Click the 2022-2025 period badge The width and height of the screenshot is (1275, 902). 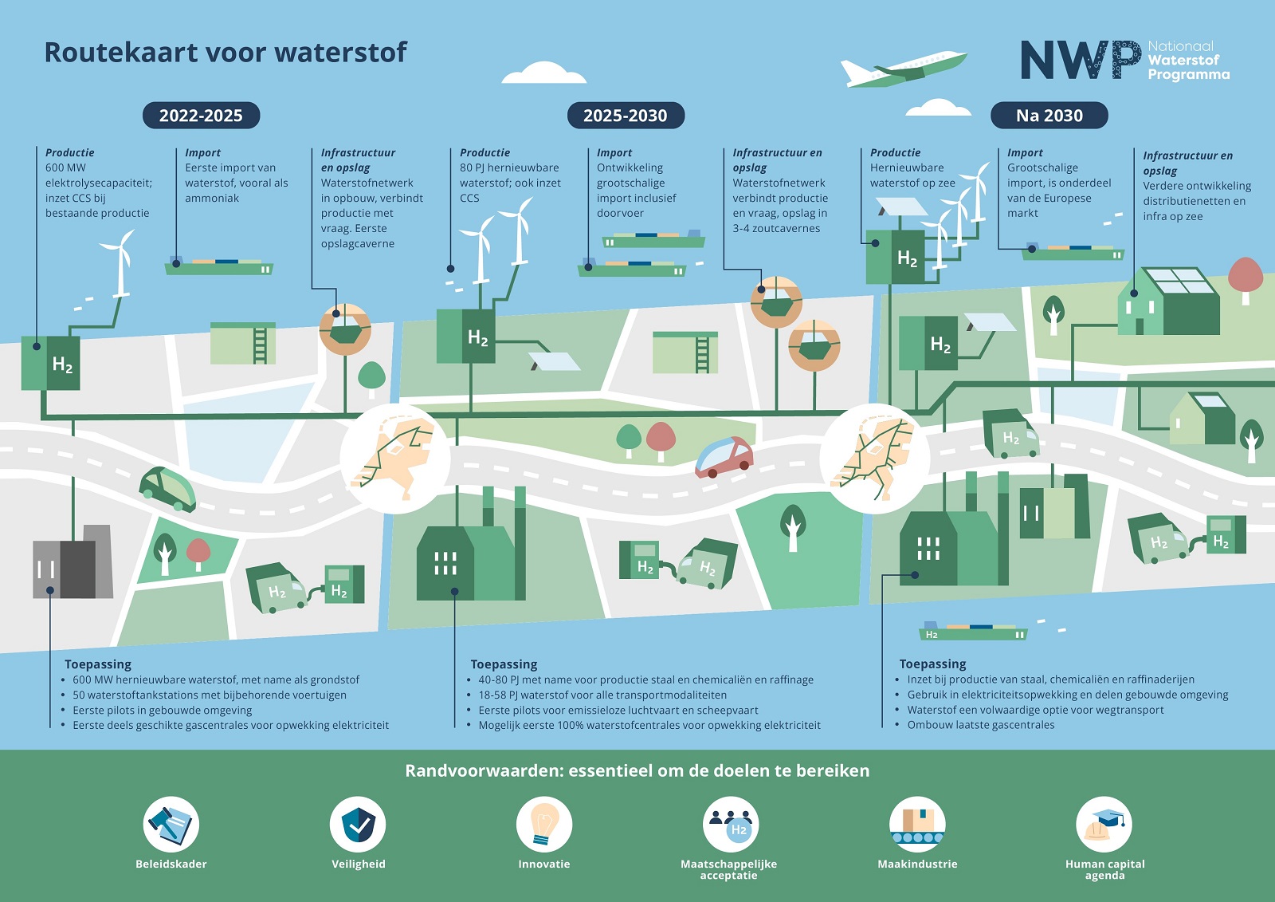pyautogui.click(x=201, y=115)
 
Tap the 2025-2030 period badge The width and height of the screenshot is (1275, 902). pyautogui.click(x=626, y=115)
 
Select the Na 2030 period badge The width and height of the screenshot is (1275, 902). pyautogui.click(x=1049, y=115)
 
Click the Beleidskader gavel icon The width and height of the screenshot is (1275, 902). pyautogui.click(x=171, y=824)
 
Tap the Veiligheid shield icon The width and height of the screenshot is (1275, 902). pyautogui.click(x=358, y=824)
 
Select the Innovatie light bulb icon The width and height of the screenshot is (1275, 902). pyautogui.click(x=543, y=824)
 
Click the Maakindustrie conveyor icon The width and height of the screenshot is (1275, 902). pyautogui.click(x=917, y=824)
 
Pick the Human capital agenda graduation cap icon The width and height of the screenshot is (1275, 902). pyautogui.click(x=1104, y=824)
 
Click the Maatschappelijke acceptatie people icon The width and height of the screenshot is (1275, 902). pyautogui.click(x=730, y=824)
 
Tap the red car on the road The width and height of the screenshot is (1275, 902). pyautogui.click(x=724, y=457)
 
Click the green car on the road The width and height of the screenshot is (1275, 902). pyautogui.click(x=167, y=488)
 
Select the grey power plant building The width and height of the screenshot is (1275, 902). pyautogui.click(x=73, y=561)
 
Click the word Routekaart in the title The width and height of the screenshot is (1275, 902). pyautogui.click(x=120, y=53)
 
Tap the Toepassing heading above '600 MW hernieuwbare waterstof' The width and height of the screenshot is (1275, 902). pyautogui.click(x=98, y=664)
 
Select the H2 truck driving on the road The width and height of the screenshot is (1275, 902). pyautogui.click(x=1011, y=434)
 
